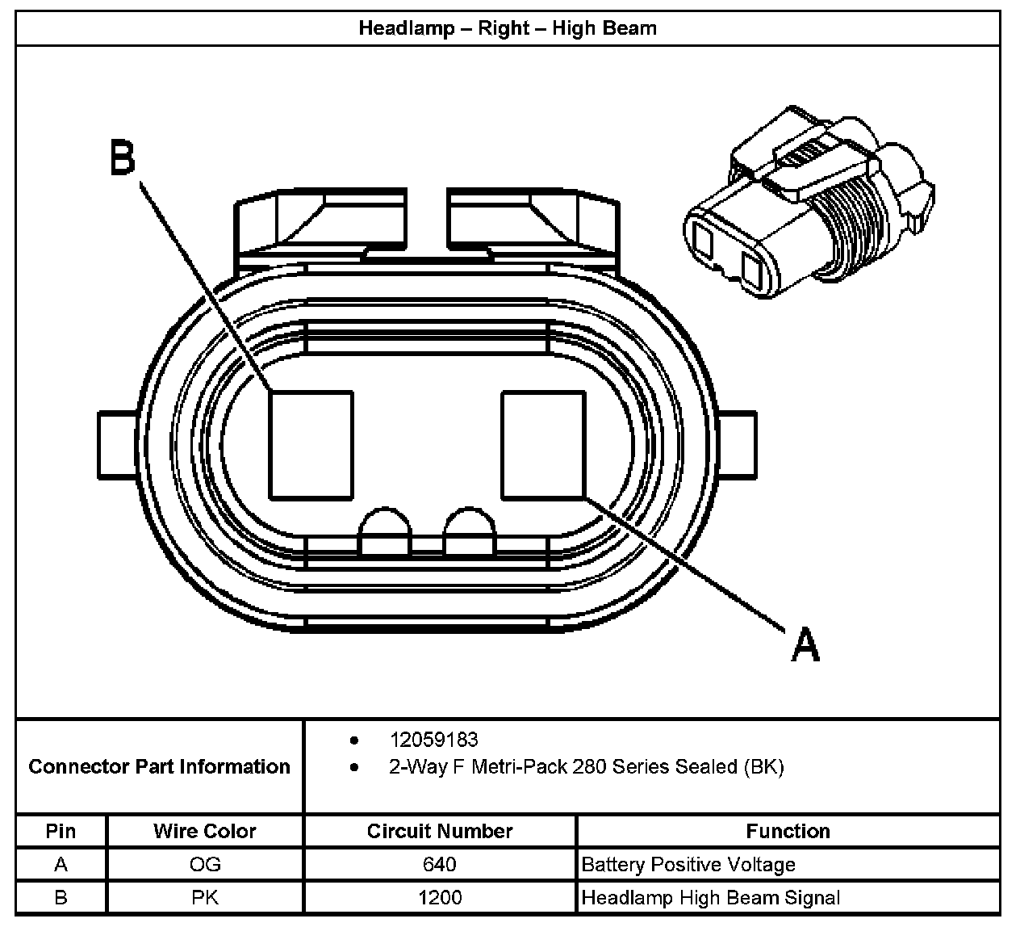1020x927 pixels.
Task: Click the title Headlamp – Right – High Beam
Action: [x=508, y=28]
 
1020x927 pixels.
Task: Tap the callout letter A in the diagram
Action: [x=805, y=644]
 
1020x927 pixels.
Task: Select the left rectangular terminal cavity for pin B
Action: [x=311, y=445]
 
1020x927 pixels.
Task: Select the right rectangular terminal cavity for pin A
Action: [x=543, y=445]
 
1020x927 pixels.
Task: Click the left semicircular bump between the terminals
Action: [x=386, y=533]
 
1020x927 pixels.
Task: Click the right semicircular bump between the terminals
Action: [x=470, y=533]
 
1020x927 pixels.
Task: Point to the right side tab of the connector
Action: [x=736, y=445]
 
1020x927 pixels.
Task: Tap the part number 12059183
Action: [x=433, y=740]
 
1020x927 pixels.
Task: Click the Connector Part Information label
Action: [x=159, y=766]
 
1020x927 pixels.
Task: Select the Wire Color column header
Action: [x=205, y=831]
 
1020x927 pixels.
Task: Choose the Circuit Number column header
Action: [x=440, y=831]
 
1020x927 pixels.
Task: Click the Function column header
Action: [x=788, y=831]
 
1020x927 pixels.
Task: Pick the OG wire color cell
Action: [x=205, y=865]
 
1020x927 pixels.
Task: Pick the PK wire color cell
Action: [x=205, y=897]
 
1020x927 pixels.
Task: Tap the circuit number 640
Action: [x=440, y=865]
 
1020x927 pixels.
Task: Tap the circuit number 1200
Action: [x=440, y=897]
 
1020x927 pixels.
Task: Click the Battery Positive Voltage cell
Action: [x=688, y=865]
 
